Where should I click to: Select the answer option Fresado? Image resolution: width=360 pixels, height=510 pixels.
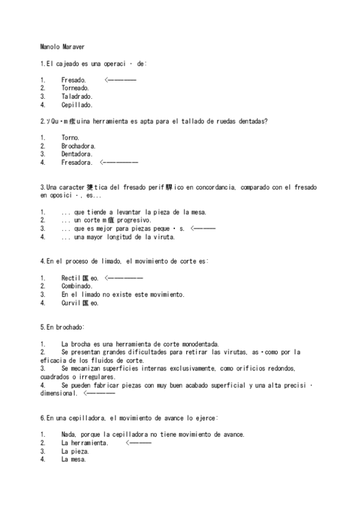pos(73,80)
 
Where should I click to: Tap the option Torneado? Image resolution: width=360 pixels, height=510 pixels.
pos(75,88)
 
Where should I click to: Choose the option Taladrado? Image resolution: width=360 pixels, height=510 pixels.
pos(76,96)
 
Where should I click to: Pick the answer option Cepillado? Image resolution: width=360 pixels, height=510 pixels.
pos(76,105)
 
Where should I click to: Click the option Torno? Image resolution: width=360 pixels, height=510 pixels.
pos(70,138)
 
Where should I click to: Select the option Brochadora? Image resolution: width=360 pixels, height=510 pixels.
pos(78,146)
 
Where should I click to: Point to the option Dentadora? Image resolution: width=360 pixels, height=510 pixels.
pos(76,154)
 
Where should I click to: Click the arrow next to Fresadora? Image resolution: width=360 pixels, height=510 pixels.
pos(120,162)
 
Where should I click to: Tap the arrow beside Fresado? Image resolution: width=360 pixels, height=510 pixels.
pos(120,80)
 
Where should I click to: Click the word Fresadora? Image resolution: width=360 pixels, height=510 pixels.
pos(76,162)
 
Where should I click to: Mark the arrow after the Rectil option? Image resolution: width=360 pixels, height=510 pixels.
pos(124,278)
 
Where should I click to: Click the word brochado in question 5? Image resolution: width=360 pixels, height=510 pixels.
pos(69,327)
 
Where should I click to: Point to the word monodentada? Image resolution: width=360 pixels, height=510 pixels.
pos(199,344)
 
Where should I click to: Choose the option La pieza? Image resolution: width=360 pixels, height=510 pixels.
pos(75,451)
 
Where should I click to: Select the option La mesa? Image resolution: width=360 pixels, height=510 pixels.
pos(73,459)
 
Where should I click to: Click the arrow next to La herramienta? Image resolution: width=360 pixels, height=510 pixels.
pos(139,443)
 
